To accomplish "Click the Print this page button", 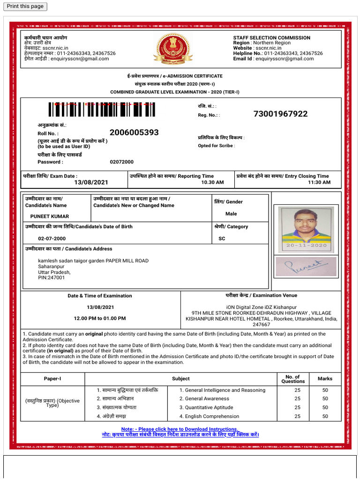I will [25, 6].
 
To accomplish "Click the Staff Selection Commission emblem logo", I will [173, 49].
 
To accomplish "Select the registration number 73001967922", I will [280, 114].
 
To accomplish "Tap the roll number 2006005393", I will [134, 133].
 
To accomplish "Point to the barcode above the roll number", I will [102, 110].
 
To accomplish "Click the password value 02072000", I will [121, 162].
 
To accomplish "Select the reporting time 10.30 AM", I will [212, 182].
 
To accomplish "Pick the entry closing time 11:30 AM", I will [319, 182].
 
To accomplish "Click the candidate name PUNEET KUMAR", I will [50, 217].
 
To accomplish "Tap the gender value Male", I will [231, 214].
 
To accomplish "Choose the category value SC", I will [222, 239].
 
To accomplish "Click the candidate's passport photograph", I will [306, 229].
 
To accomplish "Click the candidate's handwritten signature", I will [306, 267].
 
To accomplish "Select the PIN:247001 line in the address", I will [52, 278].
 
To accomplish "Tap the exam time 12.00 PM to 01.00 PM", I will [100, 318].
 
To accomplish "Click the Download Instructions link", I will [180, 429].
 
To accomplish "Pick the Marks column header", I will [325, 379].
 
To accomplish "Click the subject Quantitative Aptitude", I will [209, 408].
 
